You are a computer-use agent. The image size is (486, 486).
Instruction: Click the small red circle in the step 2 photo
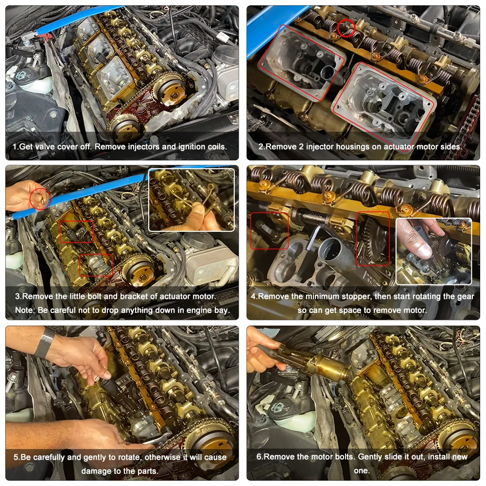[x=347, y=28]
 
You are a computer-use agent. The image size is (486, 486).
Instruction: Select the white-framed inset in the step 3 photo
[x=191, y=199]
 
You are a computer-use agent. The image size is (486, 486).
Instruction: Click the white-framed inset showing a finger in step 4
[x=434, y=251]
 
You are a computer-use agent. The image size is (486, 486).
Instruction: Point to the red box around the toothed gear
[x=373, y=238]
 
